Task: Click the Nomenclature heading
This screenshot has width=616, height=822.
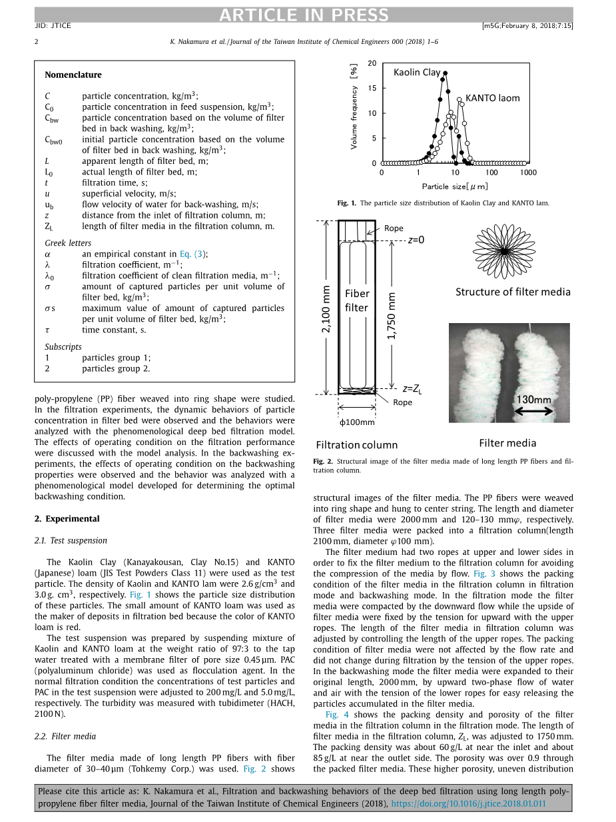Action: tap(73, 75)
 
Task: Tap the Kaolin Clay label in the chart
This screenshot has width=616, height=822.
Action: tap(417, 72)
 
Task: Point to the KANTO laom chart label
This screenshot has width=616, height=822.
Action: tap(492, 98)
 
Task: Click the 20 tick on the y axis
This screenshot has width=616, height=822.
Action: tap(372, 63)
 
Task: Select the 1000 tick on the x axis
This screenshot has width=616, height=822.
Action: tap(528, 173)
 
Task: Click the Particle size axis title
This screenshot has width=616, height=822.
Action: tap(455, 187)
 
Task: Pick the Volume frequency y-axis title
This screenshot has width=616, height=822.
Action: tap(354, 106)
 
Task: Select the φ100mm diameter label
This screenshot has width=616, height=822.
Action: tap(357, 422)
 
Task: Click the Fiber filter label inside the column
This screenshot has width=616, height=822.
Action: tap(357, 300)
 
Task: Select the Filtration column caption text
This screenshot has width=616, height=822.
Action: tap(356, 445)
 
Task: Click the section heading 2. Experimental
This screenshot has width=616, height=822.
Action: tap(67, 518)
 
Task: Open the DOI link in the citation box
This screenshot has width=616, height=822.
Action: tap(468, 803)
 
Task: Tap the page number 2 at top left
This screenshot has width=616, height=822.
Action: tap(37, 41)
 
